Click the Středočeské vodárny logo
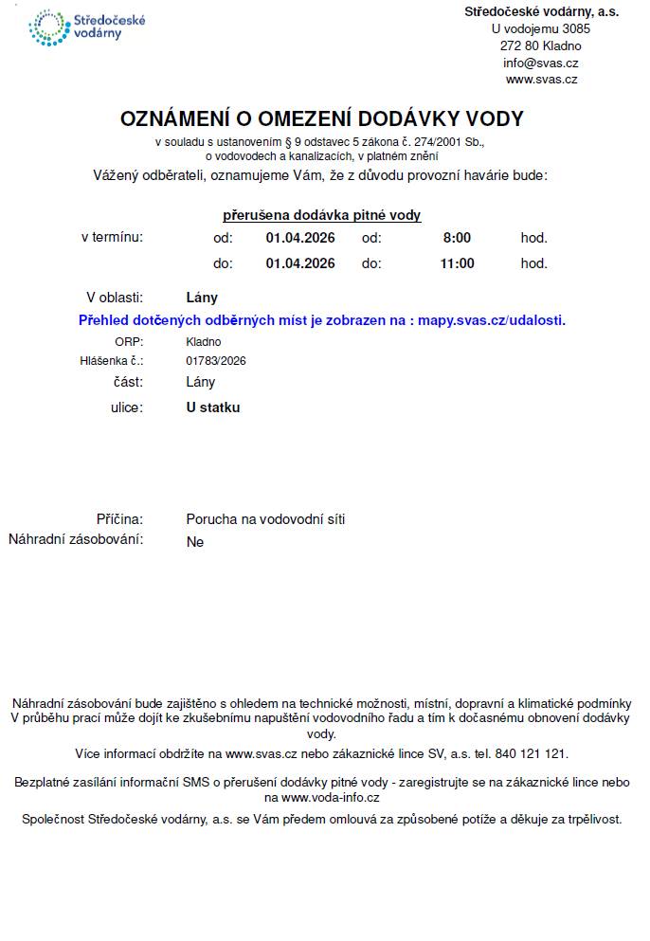click(87, 27)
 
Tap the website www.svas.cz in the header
click(541, 80)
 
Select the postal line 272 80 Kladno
click(540, 45)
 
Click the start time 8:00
click(457, 238)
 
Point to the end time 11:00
click(457, 263)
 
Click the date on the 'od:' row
click(300, 238)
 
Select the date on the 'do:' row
click(300, 263)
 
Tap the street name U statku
click(213, 407)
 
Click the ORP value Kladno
click(203, 341)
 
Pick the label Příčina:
click(119, 519)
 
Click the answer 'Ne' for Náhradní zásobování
click(195, 542)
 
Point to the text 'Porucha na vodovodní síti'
click(265, 519)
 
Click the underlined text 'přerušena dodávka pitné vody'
click(321, 215)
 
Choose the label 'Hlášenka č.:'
click(111, 361)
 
